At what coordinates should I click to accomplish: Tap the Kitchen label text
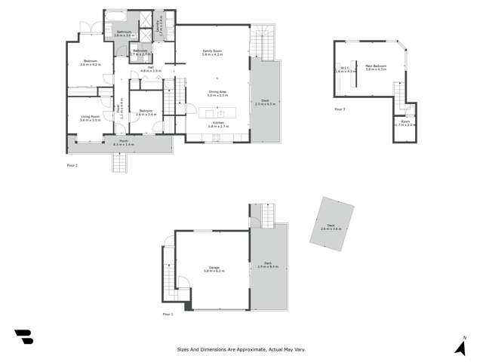217,123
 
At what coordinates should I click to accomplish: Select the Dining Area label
217,92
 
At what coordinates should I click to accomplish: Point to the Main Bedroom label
375,67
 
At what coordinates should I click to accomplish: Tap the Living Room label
90,117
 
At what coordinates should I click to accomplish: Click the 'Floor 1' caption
168,314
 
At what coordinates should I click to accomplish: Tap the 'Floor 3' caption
340,109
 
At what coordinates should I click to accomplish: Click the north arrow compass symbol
460,346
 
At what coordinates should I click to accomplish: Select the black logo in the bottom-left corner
23,337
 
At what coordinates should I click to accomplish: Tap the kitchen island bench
217,113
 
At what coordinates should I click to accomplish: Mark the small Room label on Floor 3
405,122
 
